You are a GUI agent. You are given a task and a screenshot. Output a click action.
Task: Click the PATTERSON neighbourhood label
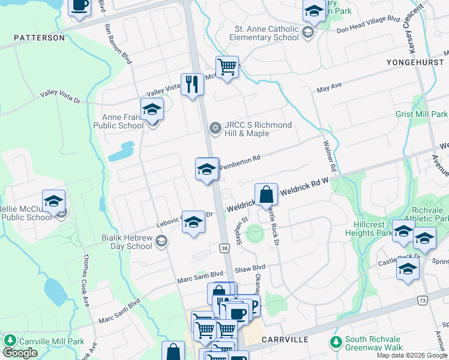[40, 38]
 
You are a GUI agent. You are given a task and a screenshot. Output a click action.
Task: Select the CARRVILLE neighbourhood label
[286, 340]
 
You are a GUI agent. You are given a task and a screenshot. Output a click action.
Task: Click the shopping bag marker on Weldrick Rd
[266, 194]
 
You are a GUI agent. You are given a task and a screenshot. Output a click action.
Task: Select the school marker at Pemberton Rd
[206, 169]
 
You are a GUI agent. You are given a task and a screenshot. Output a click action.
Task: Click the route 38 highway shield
[223, 247]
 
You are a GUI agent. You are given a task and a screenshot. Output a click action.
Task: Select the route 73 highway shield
[422, 299]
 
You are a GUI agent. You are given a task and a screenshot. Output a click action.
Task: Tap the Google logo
[20, 352]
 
